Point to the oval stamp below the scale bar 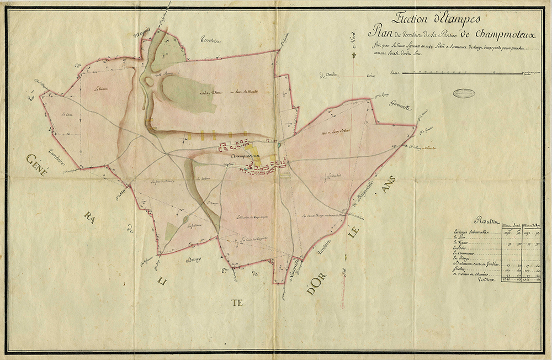(x=468, y=93)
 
